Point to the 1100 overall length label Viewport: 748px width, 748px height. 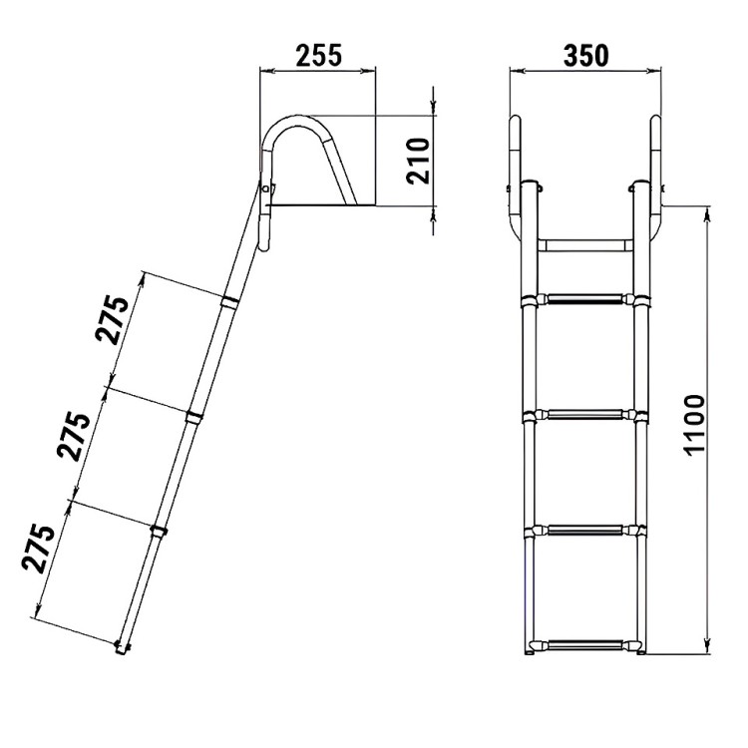tap(695, 425)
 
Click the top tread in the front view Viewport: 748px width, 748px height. tap(584, 299)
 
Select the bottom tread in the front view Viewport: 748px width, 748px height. tap(584, 644)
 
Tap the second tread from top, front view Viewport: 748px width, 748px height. tap(584, 414)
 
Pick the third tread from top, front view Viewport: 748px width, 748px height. tap(584, 529)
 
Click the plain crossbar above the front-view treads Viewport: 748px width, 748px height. tap(584, 243)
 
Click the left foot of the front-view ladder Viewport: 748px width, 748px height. tap(529, 649)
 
